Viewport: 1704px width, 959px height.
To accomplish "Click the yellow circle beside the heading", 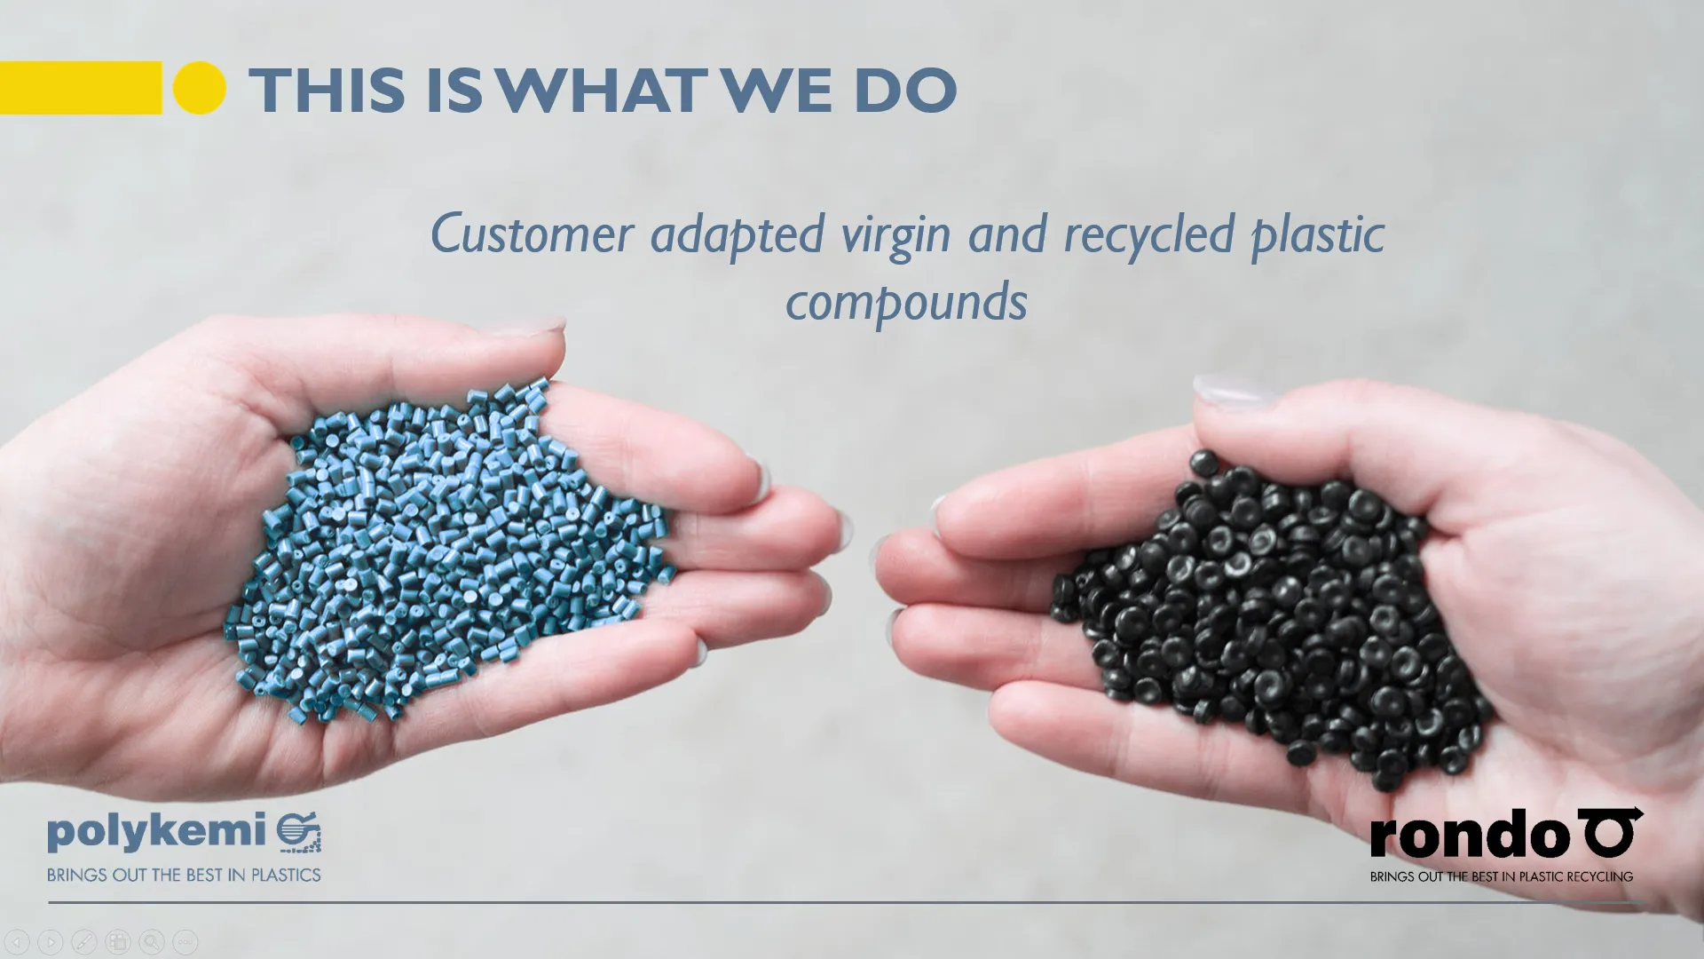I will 200,88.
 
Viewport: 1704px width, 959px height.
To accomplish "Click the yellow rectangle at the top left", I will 80,88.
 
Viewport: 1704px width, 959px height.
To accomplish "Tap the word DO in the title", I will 905,90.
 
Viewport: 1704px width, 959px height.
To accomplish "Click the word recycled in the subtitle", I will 1148,234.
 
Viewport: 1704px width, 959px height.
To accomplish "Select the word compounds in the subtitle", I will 906,302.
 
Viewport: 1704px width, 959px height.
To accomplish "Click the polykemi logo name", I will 156,833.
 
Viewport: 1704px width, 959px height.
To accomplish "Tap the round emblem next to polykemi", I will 299,834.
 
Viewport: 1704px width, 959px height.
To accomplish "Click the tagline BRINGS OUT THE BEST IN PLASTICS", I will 184,876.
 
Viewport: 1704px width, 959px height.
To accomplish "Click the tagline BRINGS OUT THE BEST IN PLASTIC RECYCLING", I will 1501,876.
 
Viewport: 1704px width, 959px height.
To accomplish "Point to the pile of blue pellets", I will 444,551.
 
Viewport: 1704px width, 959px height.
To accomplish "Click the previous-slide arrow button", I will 17,941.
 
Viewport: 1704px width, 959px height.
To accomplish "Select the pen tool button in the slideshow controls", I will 84,941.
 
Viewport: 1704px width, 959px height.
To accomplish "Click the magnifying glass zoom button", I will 152,941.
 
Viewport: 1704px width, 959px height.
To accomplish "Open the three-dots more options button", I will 185,941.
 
